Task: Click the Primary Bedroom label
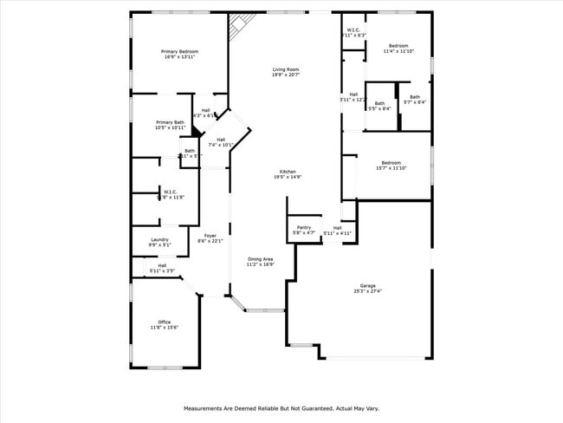click(180, 52)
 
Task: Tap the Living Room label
click(286, 69)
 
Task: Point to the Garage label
click(368, 285)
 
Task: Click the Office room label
click(165, 322)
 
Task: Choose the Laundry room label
click(159, 239)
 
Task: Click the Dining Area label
click(261, 259)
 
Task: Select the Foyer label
click(210, 235)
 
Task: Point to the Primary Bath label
click(170, 122)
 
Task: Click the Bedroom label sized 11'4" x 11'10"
click(398, 45)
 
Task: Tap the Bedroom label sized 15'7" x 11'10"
click(392, 162)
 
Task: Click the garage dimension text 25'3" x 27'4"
click(368, 291)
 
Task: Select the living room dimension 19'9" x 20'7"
click(286, 75)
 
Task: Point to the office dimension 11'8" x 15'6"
click(165, 328)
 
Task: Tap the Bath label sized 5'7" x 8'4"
click(415, 97)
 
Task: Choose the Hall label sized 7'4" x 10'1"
click(221, 140)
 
